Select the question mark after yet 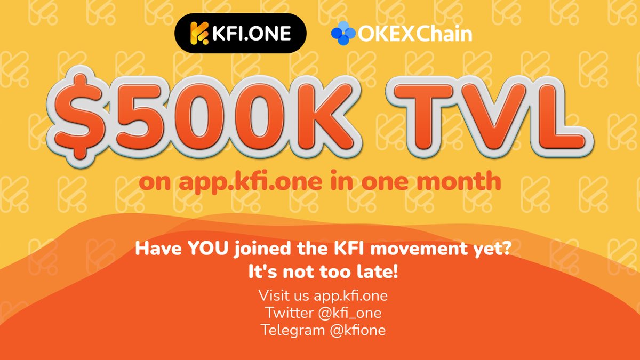(501, 249)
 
